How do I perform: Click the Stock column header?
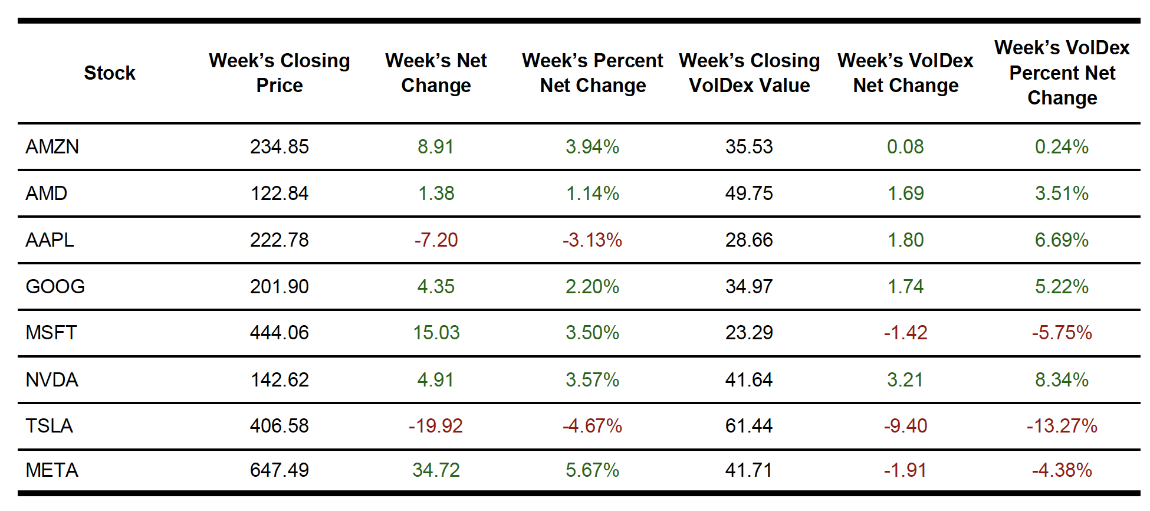point(110,73)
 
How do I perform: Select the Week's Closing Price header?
point(279,73)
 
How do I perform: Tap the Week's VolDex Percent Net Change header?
point(1062,73)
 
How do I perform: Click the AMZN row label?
point(52,146)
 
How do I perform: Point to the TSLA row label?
point(49,425)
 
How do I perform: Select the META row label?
point(52,470)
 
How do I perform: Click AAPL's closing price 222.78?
point(279,240)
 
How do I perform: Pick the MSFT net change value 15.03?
point(436,332)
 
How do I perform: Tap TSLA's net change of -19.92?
point(435,425)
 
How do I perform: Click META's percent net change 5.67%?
point(592,470)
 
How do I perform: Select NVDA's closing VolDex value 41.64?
point(748,379)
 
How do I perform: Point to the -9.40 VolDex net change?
point(905,425)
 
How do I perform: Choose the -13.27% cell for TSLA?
point(1062,425)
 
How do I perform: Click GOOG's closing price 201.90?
point(279,286)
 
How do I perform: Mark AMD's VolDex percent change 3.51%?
point(1062,193)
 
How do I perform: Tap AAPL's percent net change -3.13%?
point(592,240)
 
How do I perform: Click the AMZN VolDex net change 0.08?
point(905,146)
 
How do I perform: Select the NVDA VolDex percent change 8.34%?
point(1062,379)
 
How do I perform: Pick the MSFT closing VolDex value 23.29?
point(748,332)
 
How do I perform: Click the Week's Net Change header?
point(436,73)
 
